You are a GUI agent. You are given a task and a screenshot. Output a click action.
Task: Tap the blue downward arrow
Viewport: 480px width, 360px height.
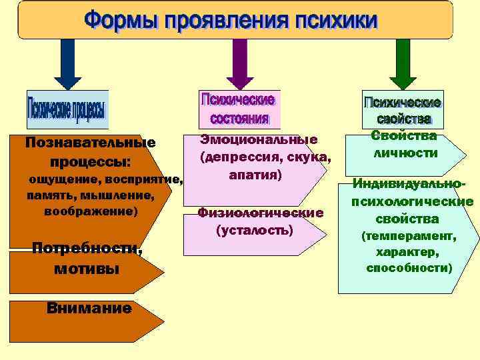67,63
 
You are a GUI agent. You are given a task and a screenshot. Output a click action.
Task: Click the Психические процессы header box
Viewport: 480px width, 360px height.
67,109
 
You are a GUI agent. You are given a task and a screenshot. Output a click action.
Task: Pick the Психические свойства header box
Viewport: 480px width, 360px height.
403,110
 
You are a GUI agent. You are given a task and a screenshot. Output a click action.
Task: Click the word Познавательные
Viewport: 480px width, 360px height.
89,143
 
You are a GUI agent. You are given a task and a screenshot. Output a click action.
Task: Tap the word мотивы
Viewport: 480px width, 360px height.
86,269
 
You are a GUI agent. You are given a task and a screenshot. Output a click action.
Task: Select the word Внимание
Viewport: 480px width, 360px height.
89,308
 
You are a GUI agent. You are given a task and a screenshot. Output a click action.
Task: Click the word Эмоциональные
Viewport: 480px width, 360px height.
259,139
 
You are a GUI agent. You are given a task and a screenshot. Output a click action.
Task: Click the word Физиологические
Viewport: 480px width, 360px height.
260,213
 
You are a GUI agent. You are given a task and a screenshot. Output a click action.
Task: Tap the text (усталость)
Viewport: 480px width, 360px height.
255,230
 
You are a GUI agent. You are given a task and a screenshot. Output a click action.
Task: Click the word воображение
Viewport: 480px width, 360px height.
89,211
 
